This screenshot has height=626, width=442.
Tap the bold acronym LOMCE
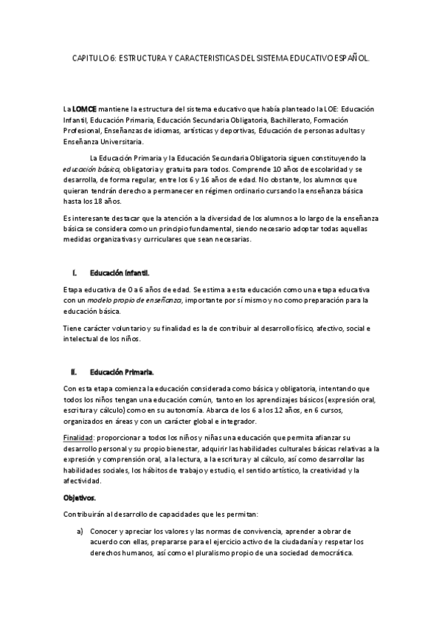pos(84,109)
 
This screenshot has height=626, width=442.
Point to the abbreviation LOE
pos(312,109)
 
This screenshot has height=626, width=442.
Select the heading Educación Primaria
pos(122,371)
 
